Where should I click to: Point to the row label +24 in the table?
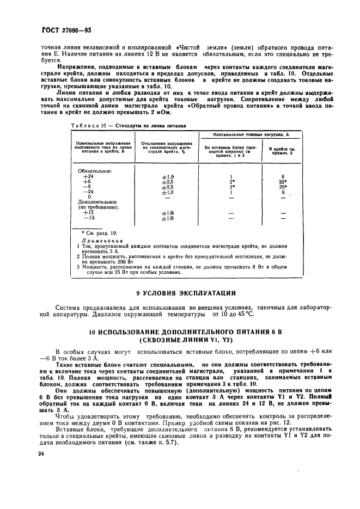pos(87,176)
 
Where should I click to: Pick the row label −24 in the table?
pos(87,192)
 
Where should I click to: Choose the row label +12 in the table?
pos(87,212)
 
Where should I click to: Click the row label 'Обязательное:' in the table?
pos(95,171)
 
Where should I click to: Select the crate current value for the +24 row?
pos(283,176)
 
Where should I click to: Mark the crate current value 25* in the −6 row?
pos(283,187)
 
